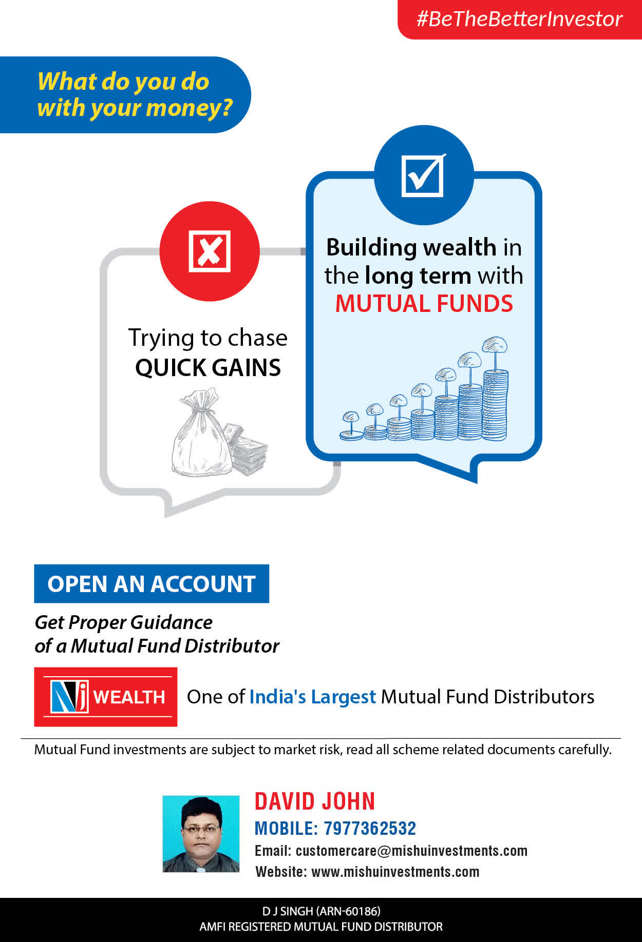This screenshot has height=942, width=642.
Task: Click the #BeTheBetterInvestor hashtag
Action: coord(519,19)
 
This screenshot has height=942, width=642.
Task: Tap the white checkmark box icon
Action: coord(423,175)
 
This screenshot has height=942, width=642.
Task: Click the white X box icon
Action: coord(210,251)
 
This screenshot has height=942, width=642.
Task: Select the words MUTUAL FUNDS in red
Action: coord(424,303)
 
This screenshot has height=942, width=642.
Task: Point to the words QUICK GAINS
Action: coord(208,367)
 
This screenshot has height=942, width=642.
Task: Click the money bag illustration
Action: coord(200,432)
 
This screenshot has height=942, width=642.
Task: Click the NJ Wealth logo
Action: coord(106,697)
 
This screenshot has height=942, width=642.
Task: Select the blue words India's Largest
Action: coord(312,697)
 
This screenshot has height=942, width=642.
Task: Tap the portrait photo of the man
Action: coord(201,834)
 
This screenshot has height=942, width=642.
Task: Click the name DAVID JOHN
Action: coord(315,801)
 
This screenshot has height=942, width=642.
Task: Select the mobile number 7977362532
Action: coord(370,828)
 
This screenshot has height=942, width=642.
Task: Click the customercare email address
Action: coord(411,851)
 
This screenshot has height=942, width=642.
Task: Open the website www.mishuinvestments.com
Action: coord(395,872)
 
